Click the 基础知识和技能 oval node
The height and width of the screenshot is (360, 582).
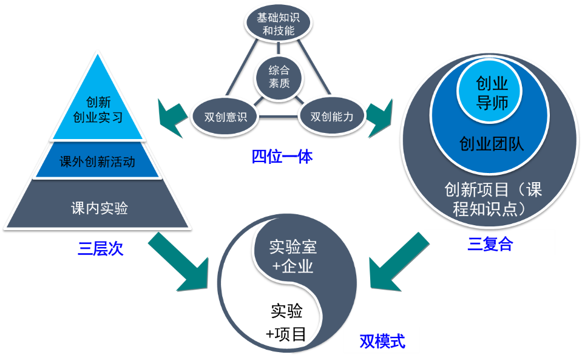click(278, 23)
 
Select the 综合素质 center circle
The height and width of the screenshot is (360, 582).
click(279, 77)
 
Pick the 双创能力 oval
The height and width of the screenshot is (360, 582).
click(331, 115)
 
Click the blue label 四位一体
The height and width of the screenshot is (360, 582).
click(282, 157)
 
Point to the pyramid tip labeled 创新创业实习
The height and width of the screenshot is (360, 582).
click(99, 109)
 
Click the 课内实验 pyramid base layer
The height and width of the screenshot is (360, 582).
click(99, 208)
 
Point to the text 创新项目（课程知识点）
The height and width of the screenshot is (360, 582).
click(492, 199)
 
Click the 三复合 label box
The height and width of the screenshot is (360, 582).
click(489, 243)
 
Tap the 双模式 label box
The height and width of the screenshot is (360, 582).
click(382, 341)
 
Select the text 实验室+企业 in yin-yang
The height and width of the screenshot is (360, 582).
click(293, 256)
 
